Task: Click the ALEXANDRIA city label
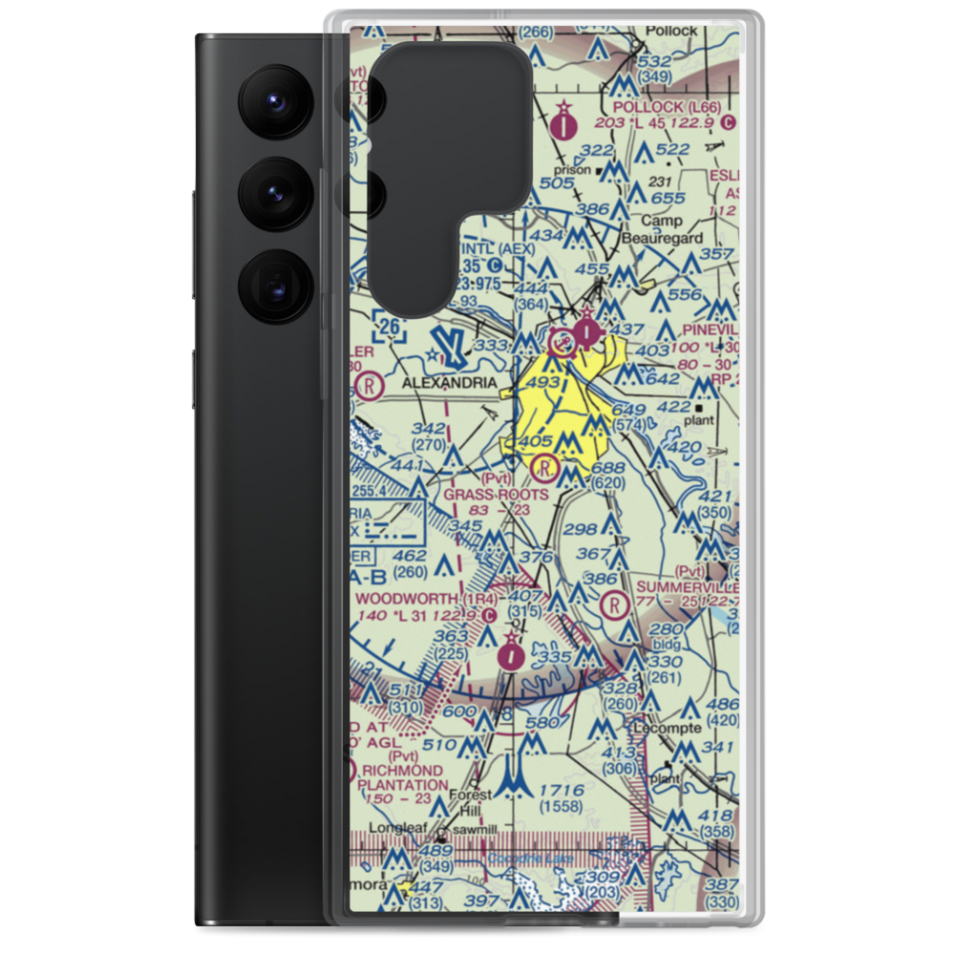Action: [x=449, y=383]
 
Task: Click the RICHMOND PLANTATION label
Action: [x=401, y=777]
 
